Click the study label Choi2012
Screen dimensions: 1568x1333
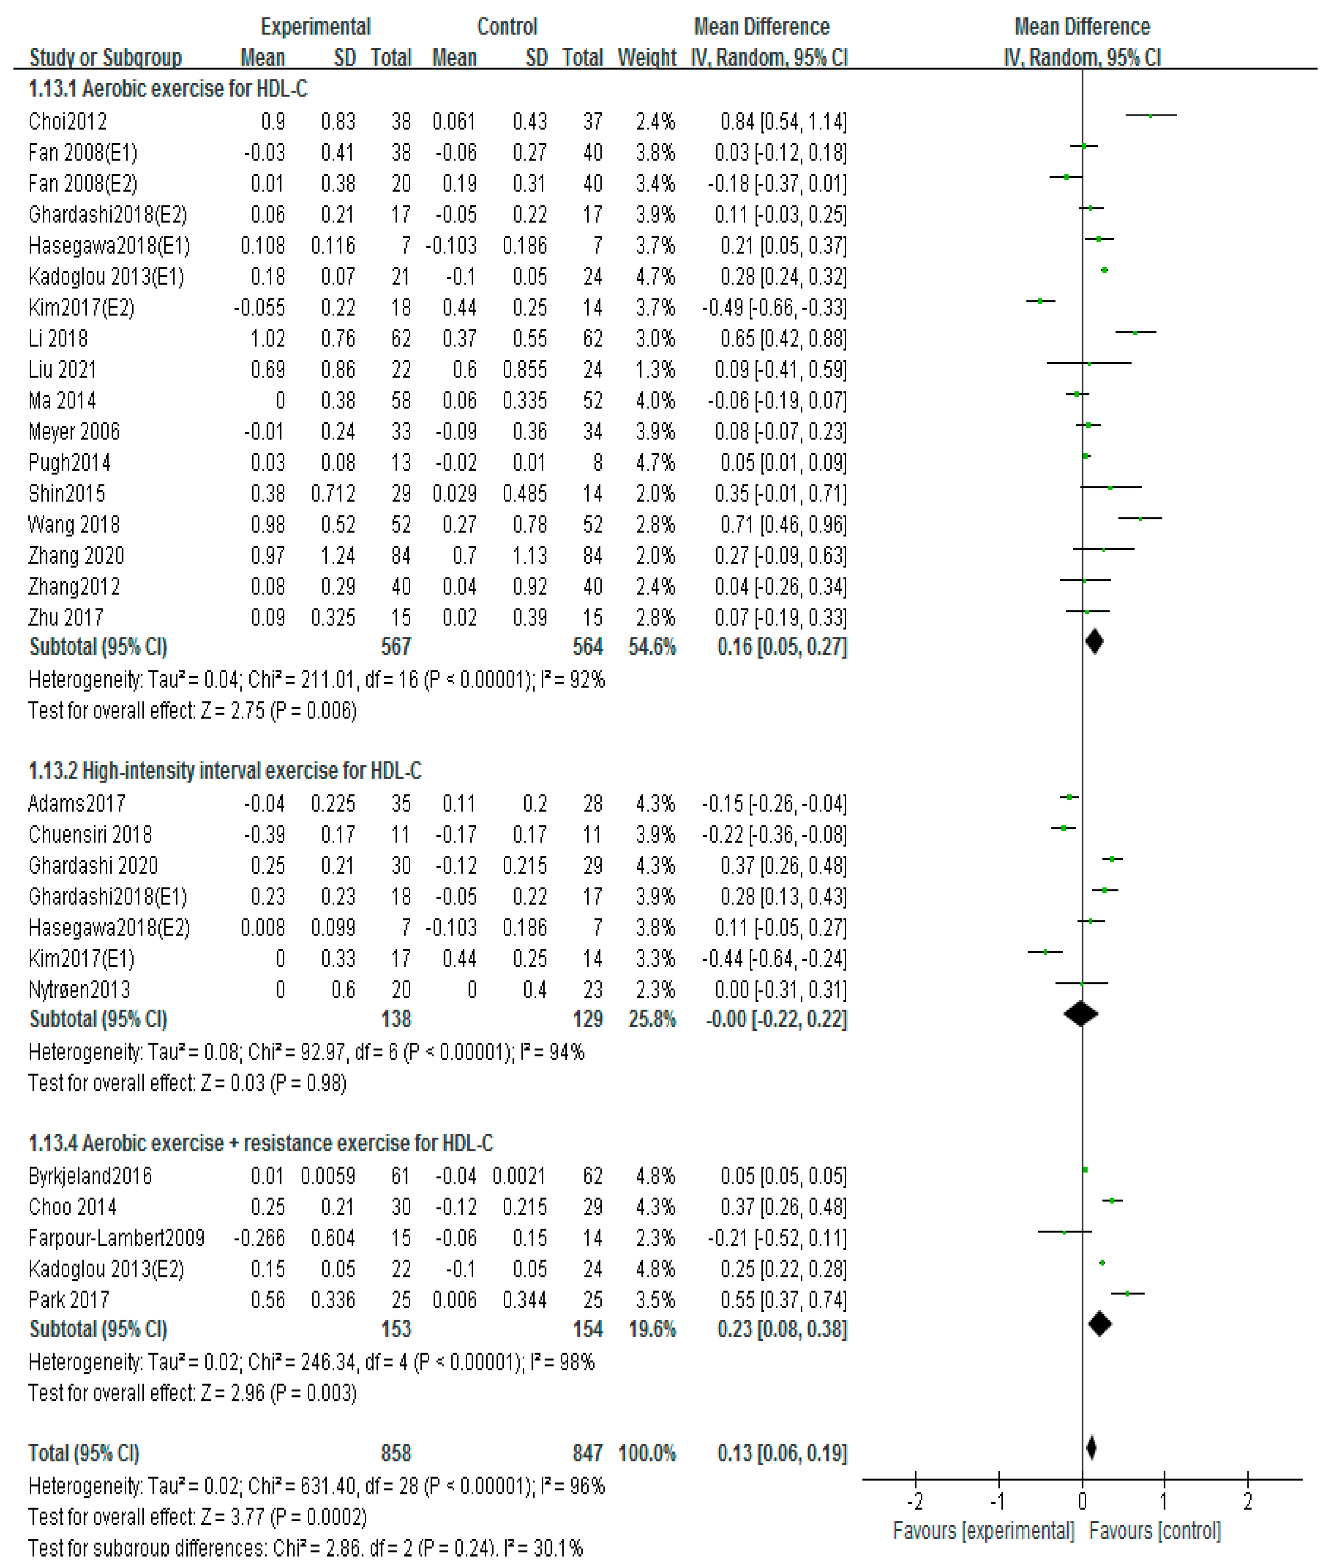tap(67, 122)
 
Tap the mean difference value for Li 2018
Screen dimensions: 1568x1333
tap(783, 338)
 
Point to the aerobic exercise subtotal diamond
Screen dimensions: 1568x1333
tap(1094, 642)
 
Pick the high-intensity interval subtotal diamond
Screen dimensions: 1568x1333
tap(1081, 1014)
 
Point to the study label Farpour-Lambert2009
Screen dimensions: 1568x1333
tap(116, 1238)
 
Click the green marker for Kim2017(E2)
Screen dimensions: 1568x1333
tap(1041, 301)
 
